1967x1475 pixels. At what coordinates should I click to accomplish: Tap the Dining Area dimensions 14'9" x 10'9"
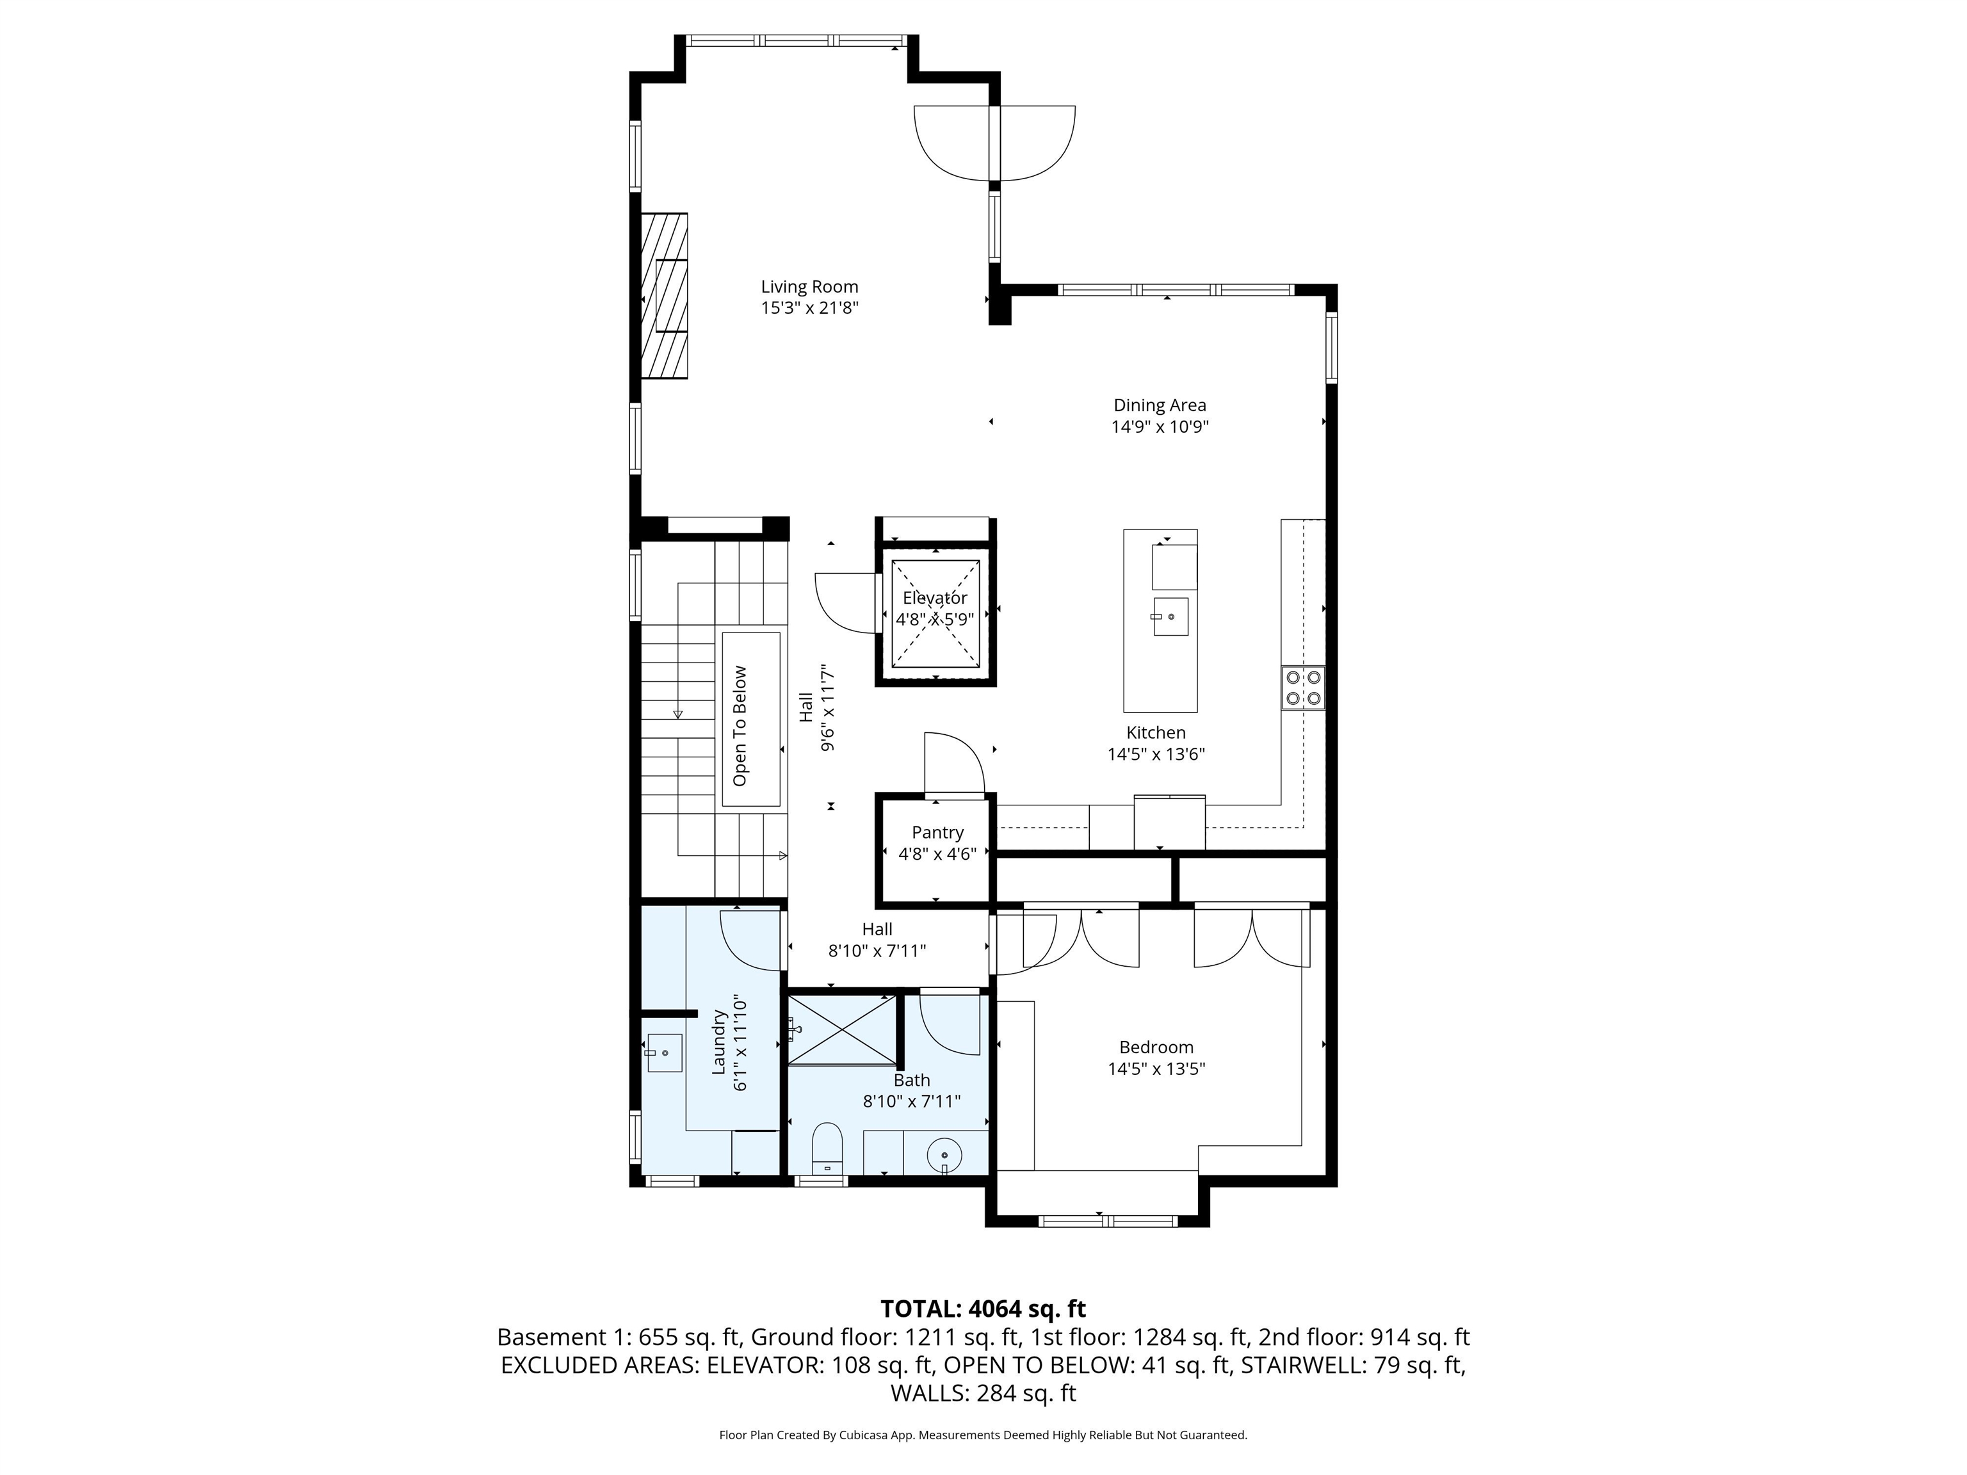tap(1160, 427)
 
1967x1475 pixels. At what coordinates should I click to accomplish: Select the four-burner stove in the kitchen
tap(1303, 688)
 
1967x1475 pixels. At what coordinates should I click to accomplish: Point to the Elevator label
tap(935, 599)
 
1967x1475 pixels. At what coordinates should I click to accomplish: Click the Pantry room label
tap(937, 832)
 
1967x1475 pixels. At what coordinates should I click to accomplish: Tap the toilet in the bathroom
tap(827, 1148)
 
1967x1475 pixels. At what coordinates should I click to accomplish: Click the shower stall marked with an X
tap(842, 1029)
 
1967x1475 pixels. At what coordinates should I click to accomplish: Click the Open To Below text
tap(740, 725)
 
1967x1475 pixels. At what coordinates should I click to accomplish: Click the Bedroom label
tap(1156, 1047)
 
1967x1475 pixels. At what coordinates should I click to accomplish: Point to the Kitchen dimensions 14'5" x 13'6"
tap(1155, 755)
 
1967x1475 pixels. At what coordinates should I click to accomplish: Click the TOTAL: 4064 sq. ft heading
tap(983, 1309)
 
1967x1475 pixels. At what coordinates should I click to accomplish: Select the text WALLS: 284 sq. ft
tap(983, 1393)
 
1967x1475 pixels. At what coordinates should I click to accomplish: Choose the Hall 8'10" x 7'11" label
tap(877, 940)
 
